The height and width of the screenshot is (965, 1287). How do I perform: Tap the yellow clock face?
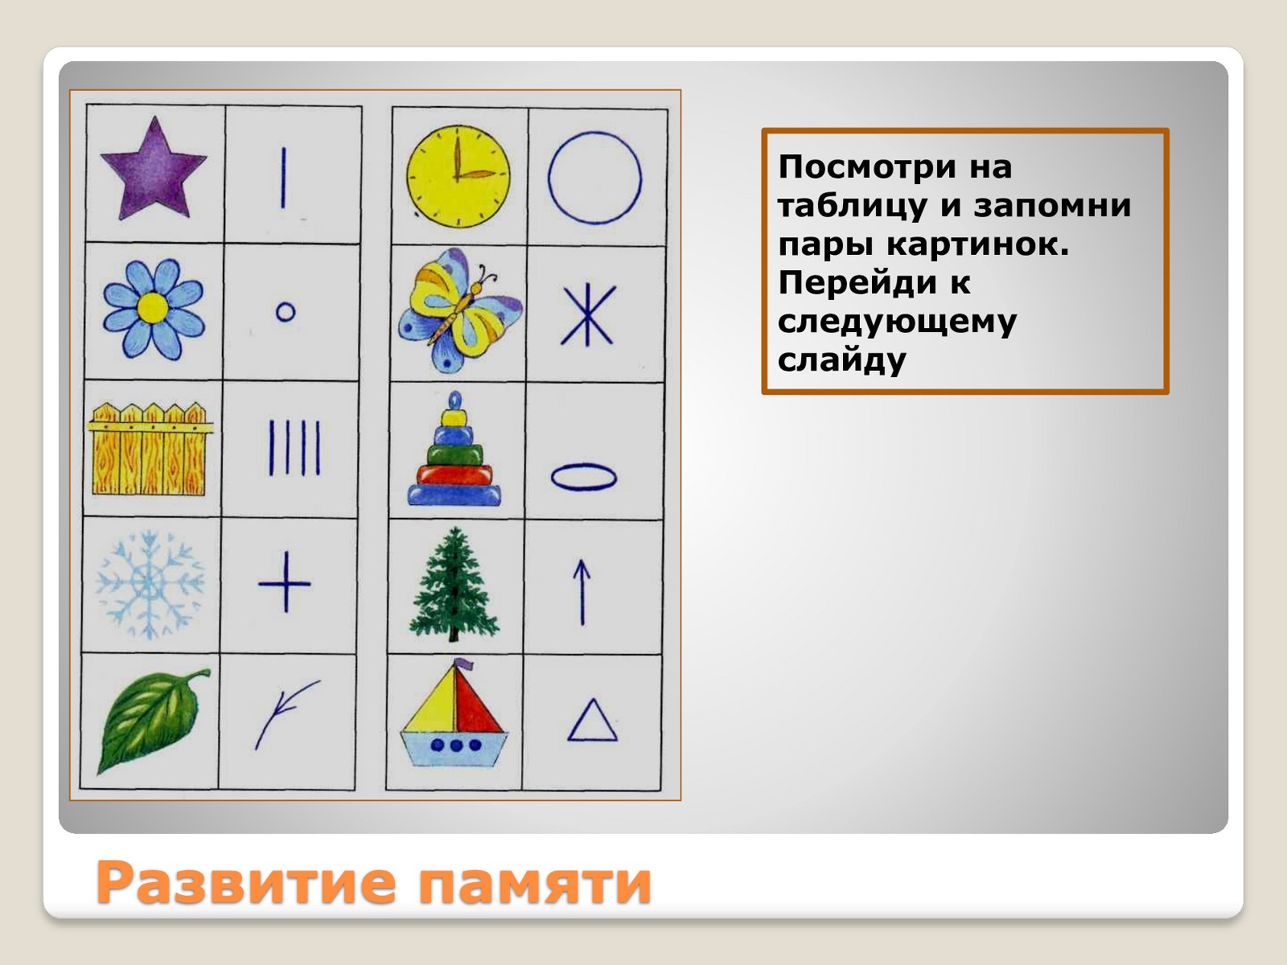pyautogui.click(x=458, y=176)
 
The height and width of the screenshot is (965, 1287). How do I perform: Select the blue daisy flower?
pyautogui.click(x=154, y=309)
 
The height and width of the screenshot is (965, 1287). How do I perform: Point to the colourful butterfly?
pyautogui.click(x=459, y=310)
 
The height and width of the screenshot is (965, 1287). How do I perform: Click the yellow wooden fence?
pyautogui.click(x=151, y=449)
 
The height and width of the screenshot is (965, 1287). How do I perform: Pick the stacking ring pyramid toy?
pyautogui.click(x=455, y=449)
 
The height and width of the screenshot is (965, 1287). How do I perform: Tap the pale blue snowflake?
pyautogui.click(x=150, y=584)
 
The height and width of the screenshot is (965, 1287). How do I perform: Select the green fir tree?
pyautogui.click(x=454, y=584)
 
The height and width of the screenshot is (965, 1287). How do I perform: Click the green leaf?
pyautogui.click(x=153, y=721)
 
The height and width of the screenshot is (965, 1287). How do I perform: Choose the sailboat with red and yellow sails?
pyautogui.click(x=454, y=713)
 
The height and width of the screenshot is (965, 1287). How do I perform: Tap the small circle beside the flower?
pyautogui.click(x=286, y=312)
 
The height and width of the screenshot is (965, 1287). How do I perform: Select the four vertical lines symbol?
pyautogui.click(x=294, y=448)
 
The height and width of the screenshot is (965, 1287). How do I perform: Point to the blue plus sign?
pyautogui.click(x=285, y=582)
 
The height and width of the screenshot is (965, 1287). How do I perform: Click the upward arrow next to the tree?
pyautogui.click(x=582, y=593)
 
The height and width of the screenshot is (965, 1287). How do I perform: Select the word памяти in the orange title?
pyautogui.click(x=535, y=883)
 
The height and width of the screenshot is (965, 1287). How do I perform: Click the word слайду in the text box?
pyautogui.click(x=842, y=359)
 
